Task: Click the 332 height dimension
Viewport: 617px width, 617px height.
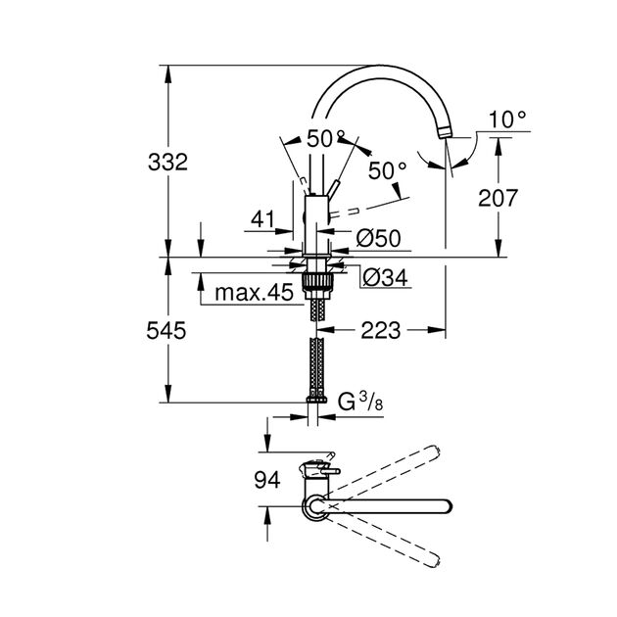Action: point(168,163)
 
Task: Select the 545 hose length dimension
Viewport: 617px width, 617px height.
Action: point(168,332)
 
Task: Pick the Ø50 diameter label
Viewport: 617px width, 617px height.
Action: point(376,237)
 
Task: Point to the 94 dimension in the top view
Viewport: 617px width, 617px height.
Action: point(266,481)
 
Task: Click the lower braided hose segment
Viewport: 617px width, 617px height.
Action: point(316,366)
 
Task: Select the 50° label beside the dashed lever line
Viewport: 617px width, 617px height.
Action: point(387,170)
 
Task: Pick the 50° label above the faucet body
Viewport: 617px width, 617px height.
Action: point(326,139)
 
